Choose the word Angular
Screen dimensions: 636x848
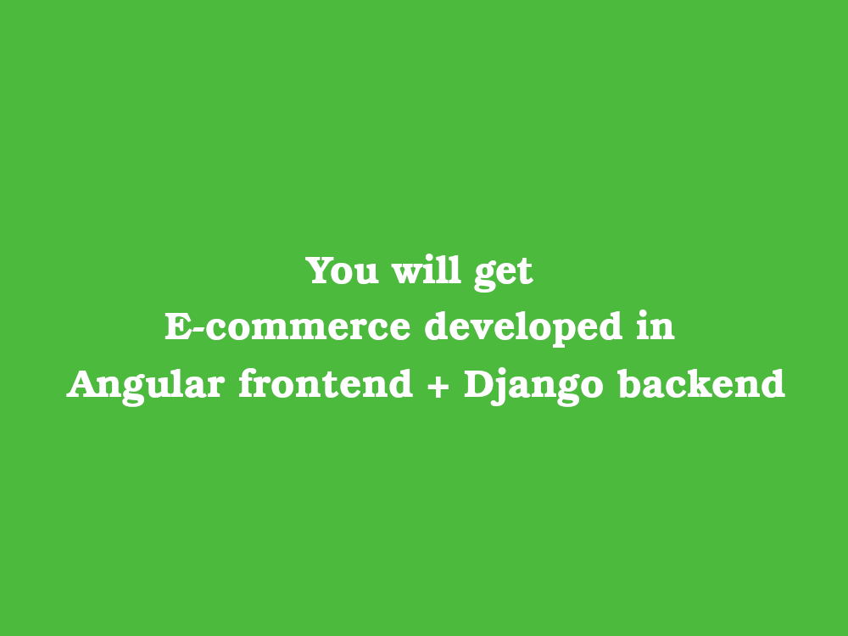(x=146, y=385)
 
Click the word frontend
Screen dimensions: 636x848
(x=325, y=383)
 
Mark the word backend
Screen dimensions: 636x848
(x=700, y=383)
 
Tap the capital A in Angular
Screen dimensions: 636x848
(x=82, y=383)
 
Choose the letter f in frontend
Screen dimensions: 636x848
(x=246, y=383)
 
